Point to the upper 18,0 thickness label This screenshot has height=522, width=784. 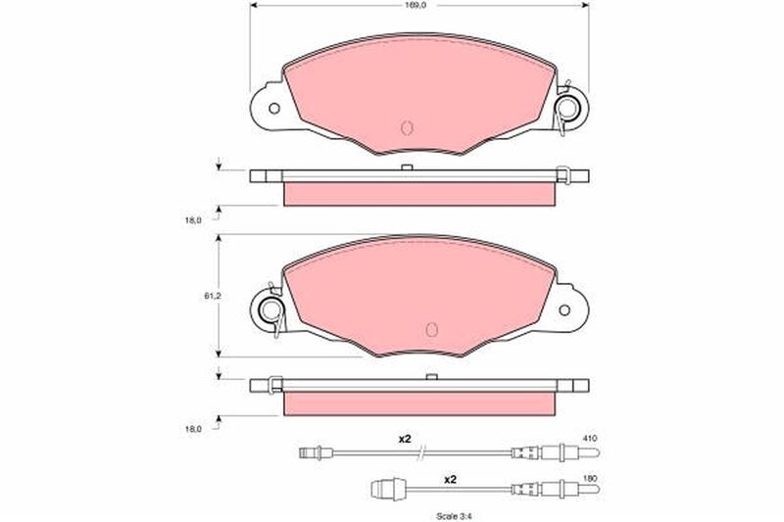click(193, 219)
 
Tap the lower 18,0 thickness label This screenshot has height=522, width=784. click(193, 428)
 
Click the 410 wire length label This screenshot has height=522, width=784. click(589, 438)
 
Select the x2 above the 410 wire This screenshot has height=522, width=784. click(404, 439)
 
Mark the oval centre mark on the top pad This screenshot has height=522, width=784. click(409, 127)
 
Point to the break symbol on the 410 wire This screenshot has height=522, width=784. click(421, 451)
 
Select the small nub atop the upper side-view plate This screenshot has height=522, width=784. click(405, 168)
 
